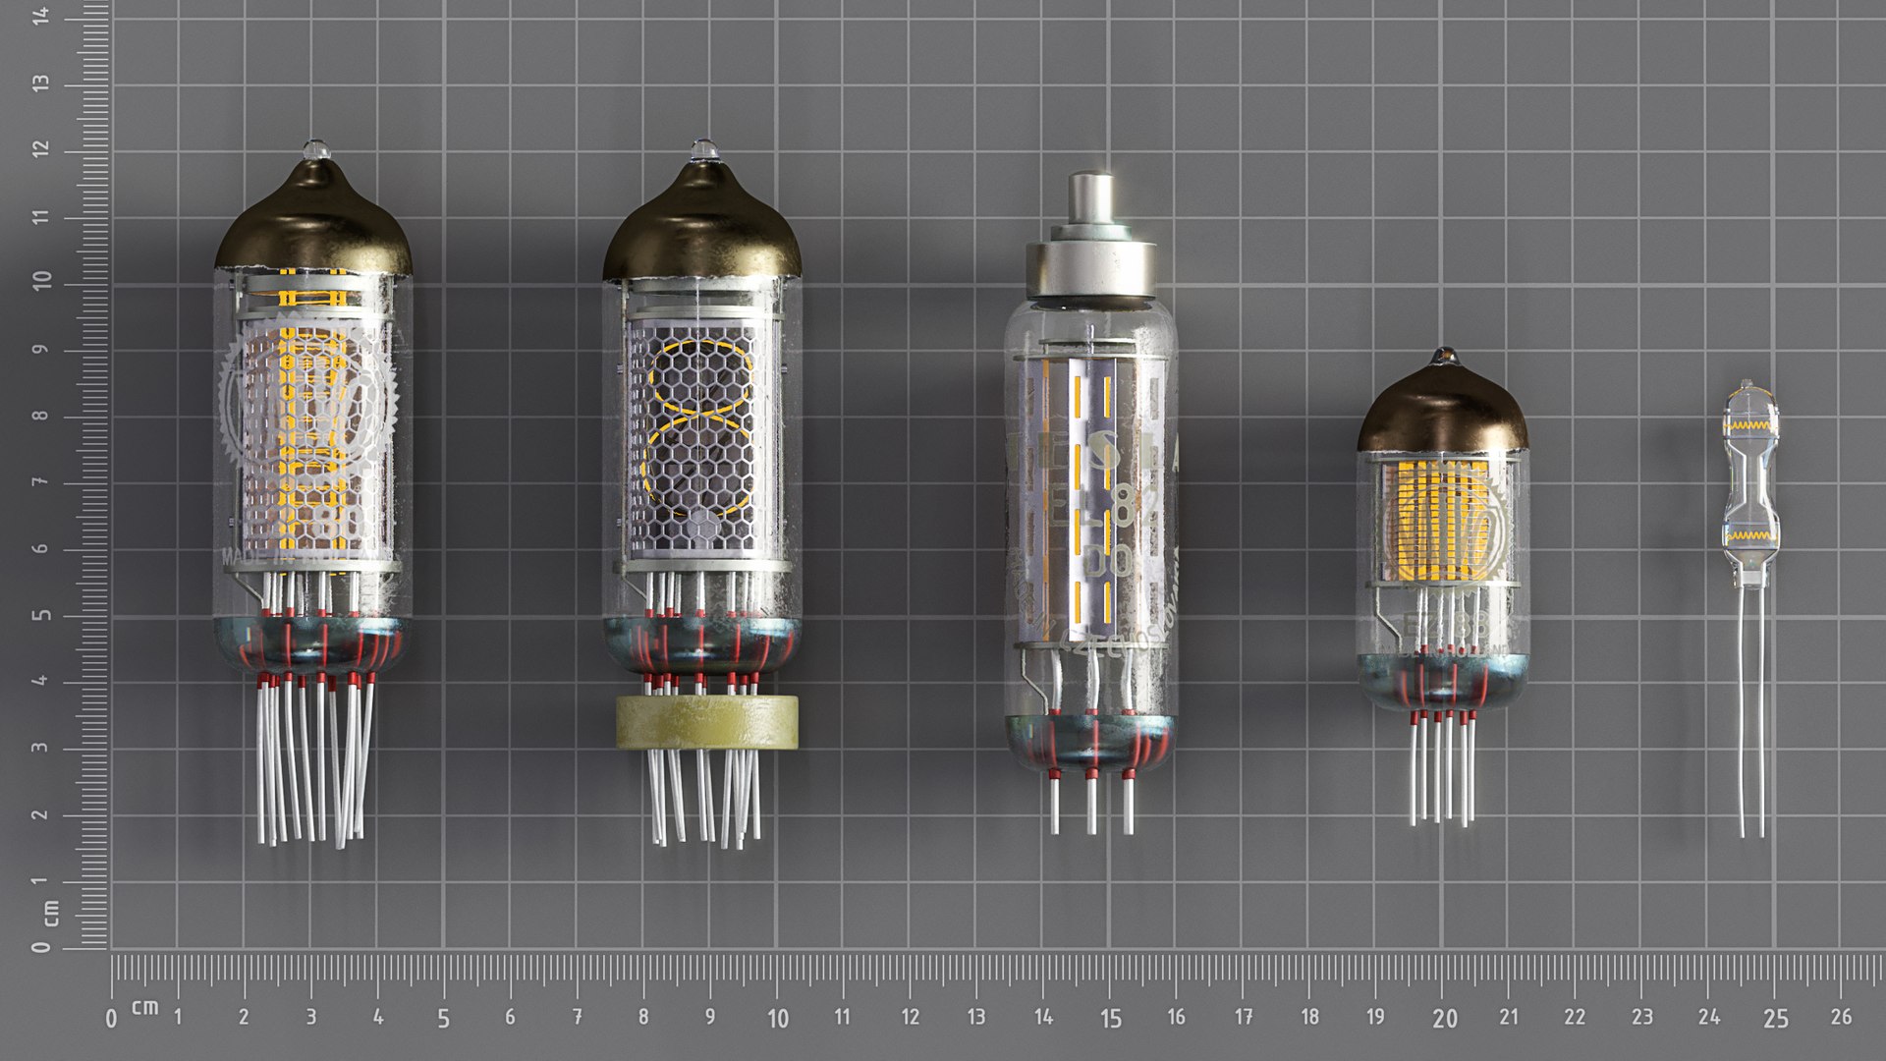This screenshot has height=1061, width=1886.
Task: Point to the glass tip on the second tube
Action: pos(703,150)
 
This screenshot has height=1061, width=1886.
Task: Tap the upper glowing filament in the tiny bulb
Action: pos(1749,426)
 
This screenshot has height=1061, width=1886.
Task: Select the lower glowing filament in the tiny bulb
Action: pos(1749,536)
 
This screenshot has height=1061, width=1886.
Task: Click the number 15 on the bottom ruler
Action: pos(1110,1019)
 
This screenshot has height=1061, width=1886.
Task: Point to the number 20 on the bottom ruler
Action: pos(1444,1019)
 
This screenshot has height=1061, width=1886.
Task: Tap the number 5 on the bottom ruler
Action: pos(443,1019)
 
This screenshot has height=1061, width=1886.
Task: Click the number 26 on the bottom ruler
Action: pos(1841,1017)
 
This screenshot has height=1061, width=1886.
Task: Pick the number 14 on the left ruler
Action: pos(40,15)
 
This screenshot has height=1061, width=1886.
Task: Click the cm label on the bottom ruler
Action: pos(145,1007)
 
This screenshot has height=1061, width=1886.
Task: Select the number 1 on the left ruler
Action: pos(40,880)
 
